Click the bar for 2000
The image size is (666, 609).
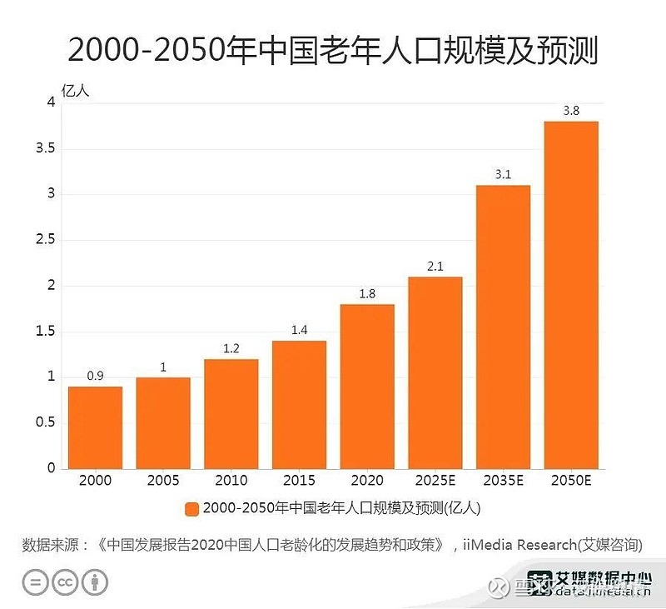(x=95, y=427)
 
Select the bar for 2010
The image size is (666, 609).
(x=231, y=413)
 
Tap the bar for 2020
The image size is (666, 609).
(x=367, y=386)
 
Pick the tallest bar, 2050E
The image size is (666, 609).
(x=571, y=295)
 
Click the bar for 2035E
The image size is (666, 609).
(x=503, y=327)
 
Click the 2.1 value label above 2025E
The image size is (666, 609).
(x=435, y=267)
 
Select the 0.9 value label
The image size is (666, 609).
(x=95, y=376)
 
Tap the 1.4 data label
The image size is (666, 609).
(x=299, y=331)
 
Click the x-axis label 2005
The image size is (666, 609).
(x=163, y=481)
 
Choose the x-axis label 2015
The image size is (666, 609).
(x=299, y=481)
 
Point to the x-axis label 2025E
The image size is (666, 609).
(x=435, y=481)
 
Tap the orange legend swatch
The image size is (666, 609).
(x=191, y=508)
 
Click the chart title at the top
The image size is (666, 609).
(x=332, y=52)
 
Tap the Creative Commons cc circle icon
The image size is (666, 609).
(x=65, y=582)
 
